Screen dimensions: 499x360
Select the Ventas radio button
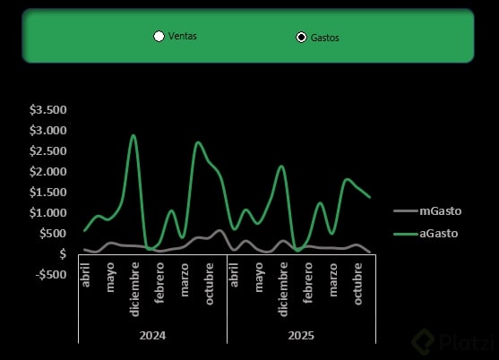tap(159, 36)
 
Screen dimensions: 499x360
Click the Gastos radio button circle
tap(301, 38)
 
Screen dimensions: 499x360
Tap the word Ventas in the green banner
tap(183, 36)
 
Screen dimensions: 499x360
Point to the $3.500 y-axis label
tap(48, 110)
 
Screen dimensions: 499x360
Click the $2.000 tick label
tap(48, 171)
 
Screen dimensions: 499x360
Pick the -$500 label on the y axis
tap(51, 274)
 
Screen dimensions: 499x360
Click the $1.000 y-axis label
tap(48, 213)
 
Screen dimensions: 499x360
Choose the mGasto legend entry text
tap(441, 210)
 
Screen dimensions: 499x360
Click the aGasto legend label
tap(439, 234)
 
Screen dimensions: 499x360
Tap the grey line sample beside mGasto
tap(406, 210)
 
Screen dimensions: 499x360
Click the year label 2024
tap(152, 336)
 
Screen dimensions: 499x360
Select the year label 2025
tap(301, 336)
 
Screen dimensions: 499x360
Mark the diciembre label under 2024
tap(134, 289)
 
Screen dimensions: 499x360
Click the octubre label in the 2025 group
tap(357, 284)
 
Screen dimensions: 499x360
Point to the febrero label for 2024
tap(159, 282)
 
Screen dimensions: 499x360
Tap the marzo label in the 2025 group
tap(333, 280)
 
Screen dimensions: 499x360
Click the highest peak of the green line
tap(133, 135)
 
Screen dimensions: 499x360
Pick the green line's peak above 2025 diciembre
tap(281, 166)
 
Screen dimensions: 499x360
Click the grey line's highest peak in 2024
tap(219, 230)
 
